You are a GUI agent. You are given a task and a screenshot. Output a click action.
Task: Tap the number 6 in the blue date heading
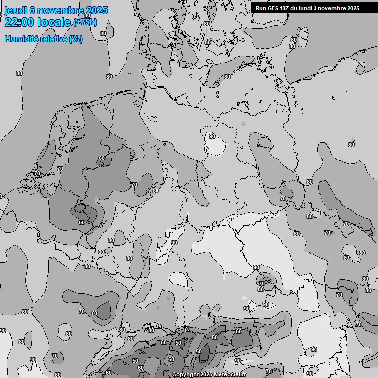32,11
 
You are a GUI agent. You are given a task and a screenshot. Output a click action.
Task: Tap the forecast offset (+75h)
85,22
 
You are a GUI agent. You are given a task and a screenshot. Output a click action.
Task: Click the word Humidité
21,39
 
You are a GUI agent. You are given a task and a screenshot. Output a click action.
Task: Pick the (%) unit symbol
76,39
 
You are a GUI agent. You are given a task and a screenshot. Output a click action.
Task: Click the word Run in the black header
261,8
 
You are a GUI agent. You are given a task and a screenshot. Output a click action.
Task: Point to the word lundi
309,8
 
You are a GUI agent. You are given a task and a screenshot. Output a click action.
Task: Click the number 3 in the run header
320,8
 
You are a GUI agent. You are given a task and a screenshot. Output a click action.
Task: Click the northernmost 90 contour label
212,137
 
